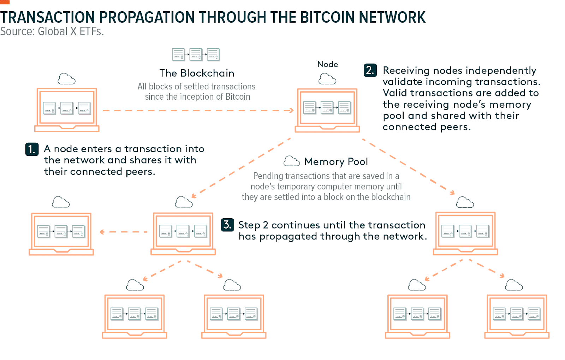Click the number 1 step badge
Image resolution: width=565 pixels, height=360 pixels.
[32, 149]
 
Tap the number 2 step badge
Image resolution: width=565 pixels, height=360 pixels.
[370, 70]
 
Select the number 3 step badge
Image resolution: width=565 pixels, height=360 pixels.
[227, 225]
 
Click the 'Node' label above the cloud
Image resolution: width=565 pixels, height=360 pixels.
[327, 64]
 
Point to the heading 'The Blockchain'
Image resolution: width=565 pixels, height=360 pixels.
[197, 73]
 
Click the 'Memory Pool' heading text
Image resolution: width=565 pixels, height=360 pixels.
[336, 161]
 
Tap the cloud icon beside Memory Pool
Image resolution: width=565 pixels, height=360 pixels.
[291, 161]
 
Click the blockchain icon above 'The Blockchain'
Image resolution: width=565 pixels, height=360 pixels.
[196, 55]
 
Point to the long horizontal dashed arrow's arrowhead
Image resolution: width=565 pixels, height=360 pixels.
[291, 111]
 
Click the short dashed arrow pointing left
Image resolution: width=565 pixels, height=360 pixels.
[124, 232]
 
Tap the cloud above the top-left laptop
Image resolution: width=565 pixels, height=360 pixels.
[66, 79]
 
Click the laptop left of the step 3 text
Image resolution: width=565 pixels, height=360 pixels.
[183, 233]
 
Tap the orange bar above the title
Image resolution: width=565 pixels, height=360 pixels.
[5, 2]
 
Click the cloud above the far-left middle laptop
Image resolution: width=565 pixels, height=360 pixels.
[61, 202]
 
